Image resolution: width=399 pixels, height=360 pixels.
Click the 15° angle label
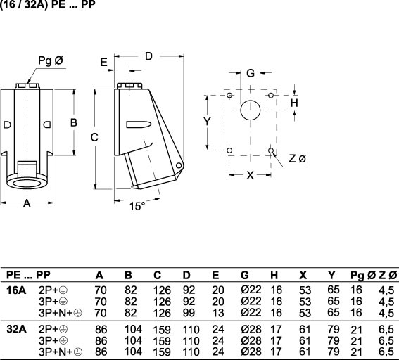pyautogui.click(x=137, y=206)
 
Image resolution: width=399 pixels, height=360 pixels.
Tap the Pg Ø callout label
pyautogui.click(x=51, y=60)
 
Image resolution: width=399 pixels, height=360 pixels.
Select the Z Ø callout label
pyautogui.click(x=297, y=159)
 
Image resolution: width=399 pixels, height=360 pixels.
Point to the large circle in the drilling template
pyautogui.click(x=251, y=110)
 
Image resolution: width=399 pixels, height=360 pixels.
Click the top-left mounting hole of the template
pyautogui.click(x=229, y=96)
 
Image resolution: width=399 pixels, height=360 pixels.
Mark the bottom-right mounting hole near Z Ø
pyautogui.click(x=271, y=150)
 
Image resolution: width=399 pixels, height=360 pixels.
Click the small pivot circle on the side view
pyautogui.click(x=179, y=166)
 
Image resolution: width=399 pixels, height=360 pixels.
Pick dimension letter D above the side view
pyautogui.click(x=148, y=56)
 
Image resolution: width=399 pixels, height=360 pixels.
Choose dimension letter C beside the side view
pyautogui.click(x=94, y=137)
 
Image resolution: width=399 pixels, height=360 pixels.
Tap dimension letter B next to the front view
pyautogui.click(x=74, y=122)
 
